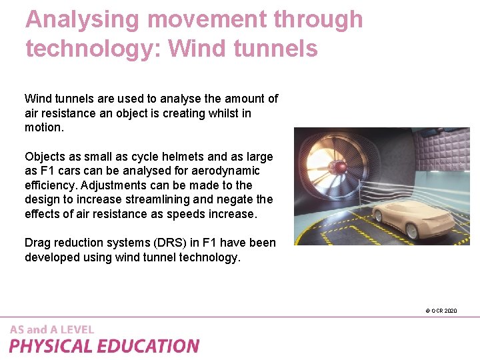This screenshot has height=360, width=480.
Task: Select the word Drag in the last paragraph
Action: pos(37,243)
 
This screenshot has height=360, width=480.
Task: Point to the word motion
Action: pos(44,127)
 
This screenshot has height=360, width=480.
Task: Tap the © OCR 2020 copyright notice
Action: pos(441,311)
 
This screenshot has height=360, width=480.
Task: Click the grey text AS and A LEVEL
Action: pos(52,329)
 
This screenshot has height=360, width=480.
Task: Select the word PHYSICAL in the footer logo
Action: pos(52,346)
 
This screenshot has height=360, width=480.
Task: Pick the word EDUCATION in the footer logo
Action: pos(149,346)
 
